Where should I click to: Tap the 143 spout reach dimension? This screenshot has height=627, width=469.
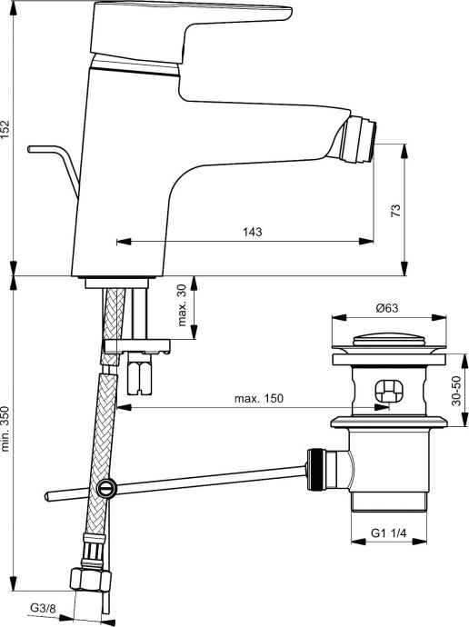(x=252, y=233)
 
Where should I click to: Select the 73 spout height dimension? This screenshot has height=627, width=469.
(x=394, y=211)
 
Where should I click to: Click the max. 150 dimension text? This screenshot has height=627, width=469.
(x=259, y=401)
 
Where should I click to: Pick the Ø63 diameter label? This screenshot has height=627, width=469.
(x=388, y=308)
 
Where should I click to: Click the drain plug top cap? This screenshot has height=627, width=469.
(x=391, y=342)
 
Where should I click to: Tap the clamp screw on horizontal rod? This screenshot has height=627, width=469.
(x=108, y=488)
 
